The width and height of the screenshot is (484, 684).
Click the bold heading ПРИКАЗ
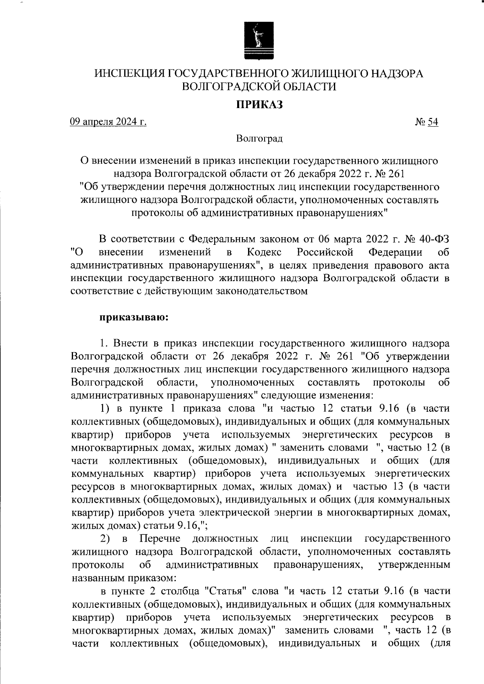[259, 105]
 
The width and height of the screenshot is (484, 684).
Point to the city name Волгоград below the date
[259, 139]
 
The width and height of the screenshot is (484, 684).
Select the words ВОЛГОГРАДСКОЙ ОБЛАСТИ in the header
[259, 86]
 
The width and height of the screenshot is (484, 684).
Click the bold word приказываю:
[134, 317]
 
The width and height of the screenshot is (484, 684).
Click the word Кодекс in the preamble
[264, 252]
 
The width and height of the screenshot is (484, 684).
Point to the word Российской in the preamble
[325, 252]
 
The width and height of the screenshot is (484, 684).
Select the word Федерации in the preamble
[395, 252]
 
